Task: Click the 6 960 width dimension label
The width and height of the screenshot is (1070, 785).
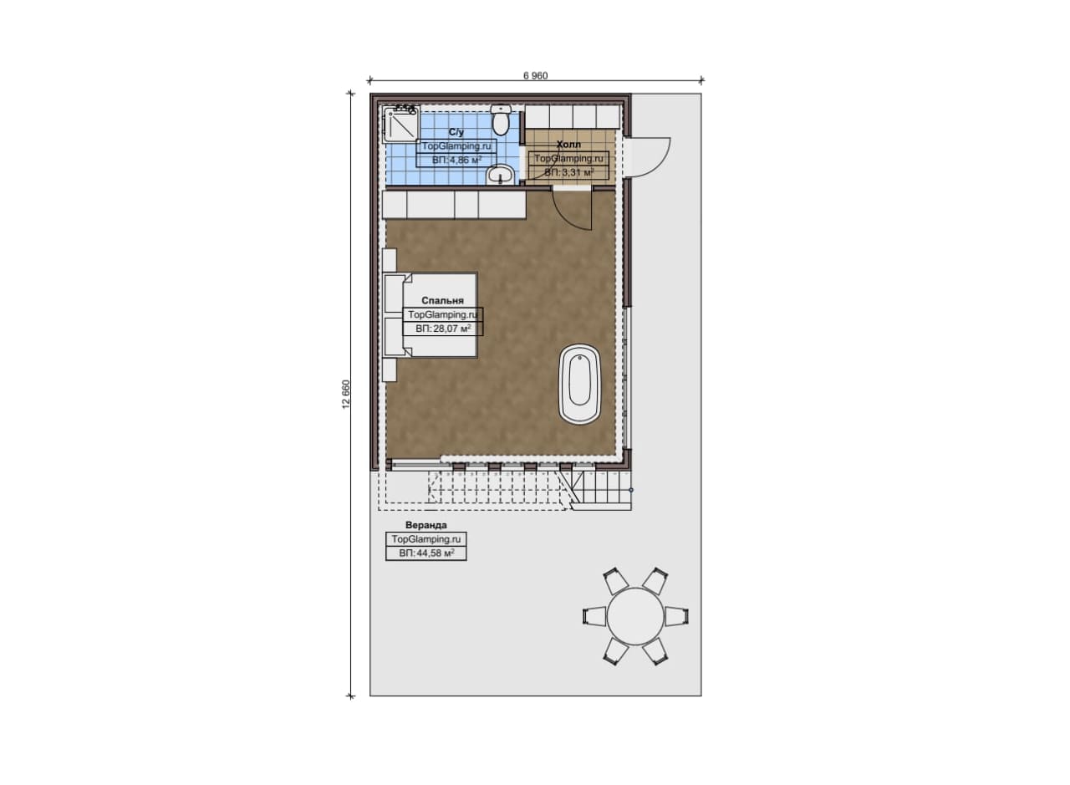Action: click(x=536, y=75)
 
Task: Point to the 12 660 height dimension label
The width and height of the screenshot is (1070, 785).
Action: click(x=346, y=395)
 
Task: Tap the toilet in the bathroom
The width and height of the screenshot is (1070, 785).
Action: click(x=501, y=120)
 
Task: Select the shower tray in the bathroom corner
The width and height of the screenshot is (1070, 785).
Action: click(x=402, y=124)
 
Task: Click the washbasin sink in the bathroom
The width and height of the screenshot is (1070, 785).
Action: click(x=500, y=175)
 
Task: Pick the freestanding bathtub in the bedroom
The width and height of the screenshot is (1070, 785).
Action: click(x=580, y=384)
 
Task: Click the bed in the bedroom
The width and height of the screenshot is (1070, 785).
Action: click(x=431, y=315)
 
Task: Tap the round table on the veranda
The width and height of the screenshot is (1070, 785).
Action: click(x=635, y=616)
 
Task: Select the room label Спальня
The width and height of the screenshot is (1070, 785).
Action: click(x=442, y=300)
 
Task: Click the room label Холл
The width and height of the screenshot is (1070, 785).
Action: click(x=568, y=145)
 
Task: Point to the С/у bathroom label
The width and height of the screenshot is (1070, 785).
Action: click(x=456, y=132)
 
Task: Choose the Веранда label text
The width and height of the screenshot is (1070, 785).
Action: click(x=426, y=525)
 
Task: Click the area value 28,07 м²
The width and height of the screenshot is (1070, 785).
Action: click(x=443, y=329)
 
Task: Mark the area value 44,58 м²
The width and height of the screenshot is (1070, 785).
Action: click(x=426, y=553)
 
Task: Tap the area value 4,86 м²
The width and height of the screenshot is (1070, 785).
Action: click(x=456, y=160)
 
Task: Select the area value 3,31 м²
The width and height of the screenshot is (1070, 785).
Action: click(x=569, y=172)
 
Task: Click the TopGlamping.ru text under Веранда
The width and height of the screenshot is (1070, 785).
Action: click(x=426, y=539)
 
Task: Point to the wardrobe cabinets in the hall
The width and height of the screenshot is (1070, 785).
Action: click(x=573, y=116)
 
